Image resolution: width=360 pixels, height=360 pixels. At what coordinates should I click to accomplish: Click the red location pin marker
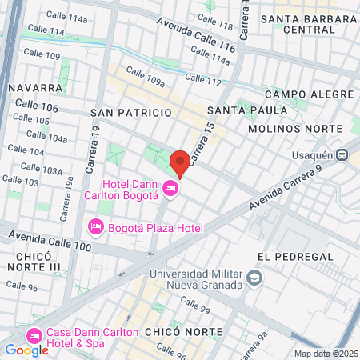pos(180,162)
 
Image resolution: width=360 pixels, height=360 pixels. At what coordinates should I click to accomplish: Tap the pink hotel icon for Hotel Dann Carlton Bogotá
pos(170,189)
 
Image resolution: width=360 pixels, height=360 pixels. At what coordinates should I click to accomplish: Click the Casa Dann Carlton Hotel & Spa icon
pos(34,334)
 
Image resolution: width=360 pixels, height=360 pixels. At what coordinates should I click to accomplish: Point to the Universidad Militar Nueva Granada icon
pos(254,278)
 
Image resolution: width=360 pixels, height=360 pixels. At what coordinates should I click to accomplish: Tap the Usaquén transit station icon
pos(342,154)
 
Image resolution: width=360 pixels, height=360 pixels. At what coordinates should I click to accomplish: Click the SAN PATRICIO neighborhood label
pos(131,114)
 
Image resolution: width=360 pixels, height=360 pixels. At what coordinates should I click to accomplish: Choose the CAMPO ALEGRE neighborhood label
pos(298,94)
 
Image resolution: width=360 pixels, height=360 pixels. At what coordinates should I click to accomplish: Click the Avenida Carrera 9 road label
pos(285,189)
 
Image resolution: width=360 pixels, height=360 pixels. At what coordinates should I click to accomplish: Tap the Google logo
pos(26,350)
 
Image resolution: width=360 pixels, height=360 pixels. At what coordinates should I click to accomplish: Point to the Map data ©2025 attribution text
pos(326,354)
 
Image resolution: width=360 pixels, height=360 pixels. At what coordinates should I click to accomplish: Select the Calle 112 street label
pos(202,82)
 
